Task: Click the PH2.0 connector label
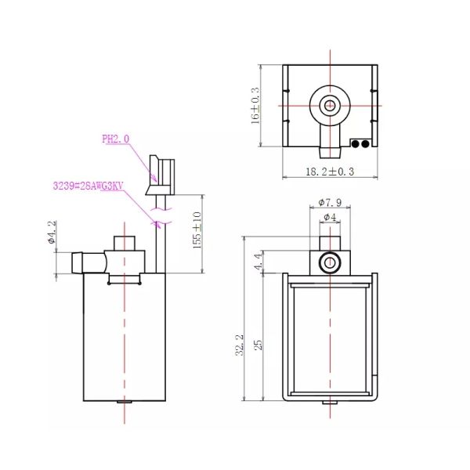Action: click(115, 139)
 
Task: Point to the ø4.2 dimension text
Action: click(52, 233)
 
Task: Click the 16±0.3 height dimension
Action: click(255, 106)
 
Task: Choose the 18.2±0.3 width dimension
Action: click(328, 171)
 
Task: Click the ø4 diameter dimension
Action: click(330, 217)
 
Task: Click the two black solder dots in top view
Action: click(360, 143)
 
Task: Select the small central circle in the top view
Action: click(330, 105)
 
